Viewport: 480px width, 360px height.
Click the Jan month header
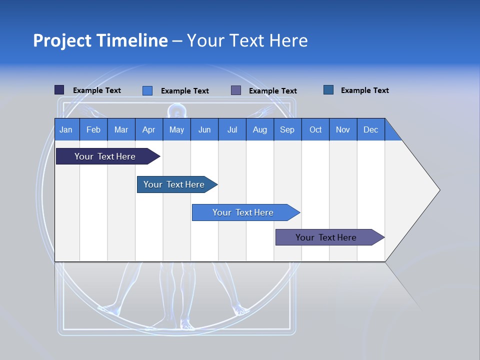pyautogui.click(x=66, y=129)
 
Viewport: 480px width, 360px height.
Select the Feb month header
pyautogui.click(x=93, y=129)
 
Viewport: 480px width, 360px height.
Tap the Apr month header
pyautogui.click(x=149, y=129)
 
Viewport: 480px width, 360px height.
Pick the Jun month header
pyautogui.click(x=204, y=129)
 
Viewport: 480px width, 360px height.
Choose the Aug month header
pyautogui.click(x=260, y=129)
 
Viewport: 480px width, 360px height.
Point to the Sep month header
pyautogui.click(x=287, y=129)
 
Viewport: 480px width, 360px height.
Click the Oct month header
pyautogui.click(x=315, y=129)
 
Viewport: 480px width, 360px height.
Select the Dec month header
pyautogui.click(x=371, y=129)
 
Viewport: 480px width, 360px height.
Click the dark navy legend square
pyautogui.click(x=59, y=90)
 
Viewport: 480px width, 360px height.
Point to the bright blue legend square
pyautogui.click(x=147, y=90)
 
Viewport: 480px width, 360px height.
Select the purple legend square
pyautogui.click(x=236, y=90)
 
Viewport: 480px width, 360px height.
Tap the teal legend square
pyautogui.click(x=328, y=90)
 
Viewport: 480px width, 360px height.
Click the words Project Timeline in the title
pyautogui.click(x=100, y=40)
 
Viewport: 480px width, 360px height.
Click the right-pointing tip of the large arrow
pyautogui.click(x=438, y=190)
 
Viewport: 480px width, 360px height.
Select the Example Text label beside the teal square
pyautogui.click(x=364, y=90)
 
